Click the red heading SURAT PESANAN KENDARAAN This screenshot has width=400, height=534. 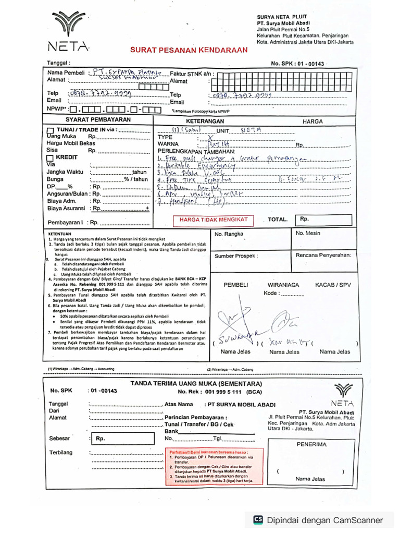(189, 50)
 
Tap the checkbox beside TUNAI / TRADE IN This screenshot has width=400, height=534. (50, 130)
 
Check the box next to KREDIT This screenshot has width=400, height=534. (50, 157)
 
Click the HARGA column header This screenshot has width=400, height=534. (312, 121)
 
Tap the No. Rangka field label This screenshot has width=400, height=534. (229, 234)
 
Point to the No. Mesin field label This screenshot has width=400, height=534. (308, 233)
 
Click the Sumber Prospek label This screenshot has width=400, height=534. (236, 256)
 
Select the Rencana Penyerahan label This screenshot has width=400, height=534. (323, 256)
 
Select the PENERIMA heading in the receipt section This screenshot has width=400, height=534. (311, 444)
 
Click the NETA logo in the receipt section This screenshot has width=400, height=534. (342, 395)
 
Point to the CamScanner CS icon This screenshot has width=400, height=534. (258, 519)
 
